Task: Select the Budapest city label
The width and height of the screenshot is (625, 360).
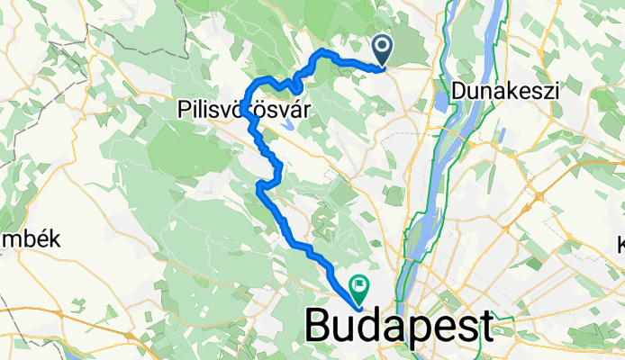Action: click(401, 325)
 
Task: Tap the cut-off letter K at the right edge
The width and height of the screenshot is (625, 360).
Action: click(620, 243)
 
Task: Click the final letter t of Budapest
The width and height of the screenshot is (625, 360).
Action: click(487, 325)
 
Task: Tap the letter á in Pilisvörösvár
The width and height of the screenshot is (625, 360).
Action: click(296, 109)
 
